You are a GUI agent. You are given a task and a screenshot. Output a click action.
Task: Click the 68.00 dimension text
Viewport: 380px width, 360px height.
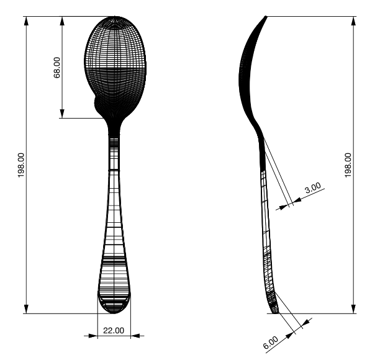point(57,67)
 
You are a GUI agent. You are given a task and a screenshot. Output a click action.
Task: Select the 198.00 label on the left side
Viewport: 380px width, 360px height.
point(20,165)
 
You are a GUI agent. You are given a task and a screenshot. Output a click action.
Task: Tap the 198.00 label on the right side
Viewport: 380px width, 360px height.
point(348,165)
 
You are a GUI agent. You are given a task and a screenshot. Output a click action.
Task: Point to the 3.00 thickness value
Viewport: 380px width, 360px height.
point(313,187)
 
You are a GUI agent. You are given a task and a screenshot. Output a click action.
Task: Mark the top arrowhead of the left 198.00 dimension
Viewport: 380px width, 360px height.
point(26,20)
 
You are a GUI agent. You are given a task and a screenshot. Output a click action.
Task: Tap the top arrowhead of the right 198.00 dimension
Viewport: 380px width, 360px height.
point(354,20)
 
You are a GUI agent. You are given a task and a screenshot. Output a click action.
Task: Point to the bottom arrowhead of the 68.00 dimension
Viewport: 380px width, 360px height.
point(62,114)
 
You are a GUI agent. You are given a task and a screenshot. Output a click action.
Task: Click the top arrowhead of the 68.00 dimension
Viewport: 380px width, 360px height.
point(62,20)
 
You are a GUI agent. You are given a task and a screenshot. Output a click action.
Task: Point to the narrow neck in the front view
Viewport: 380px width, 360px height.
point(114,133)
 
